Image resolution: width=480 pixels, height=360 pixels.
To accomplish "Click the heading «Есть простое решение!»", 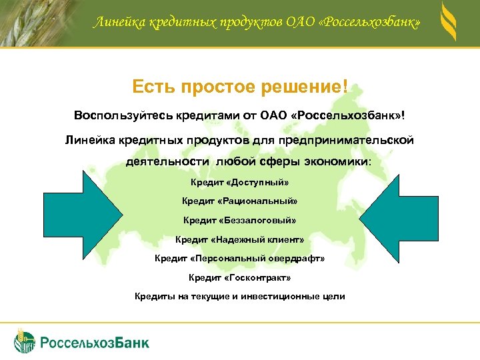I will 239,88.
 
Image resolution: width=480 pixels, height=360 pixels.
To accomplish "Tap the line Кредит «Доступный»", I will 239,182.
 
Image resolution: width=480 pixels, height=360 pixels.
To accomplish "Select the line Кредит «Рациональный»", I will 239,201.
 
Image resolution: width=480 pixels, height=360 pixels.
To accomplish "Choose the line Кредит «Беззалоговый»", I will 239,219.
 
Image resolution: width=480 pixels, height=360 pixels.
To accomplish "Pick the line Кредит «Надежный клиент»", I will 239,239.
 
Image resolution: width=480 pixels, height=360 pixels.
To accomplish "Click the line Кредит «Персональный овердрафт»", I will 239,257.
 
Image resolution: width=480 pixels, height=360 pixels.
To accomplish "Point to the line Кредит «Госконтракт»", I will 239,277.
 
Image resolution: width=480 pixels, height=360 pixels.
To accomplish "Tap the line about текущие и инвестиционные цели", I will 239,295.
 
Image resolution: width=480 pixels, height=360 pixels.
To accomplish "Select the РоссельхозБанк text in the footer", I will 95,343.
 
